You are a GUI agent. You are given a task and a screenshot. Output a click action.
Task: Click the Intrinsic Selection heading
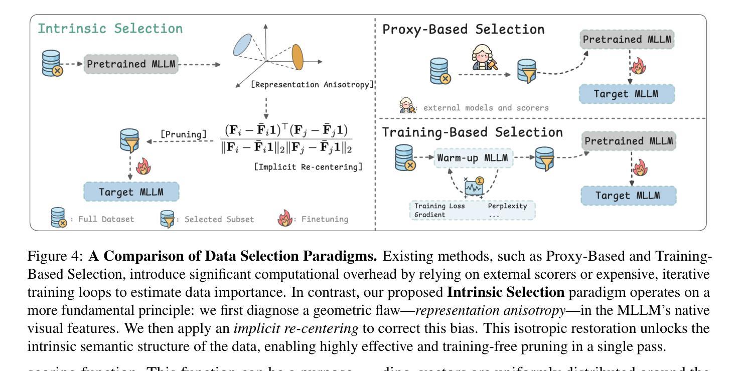[x=111, y=29]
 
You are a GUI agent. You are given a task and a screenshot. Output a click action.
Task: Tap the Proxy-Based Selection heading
[x=463, y=30]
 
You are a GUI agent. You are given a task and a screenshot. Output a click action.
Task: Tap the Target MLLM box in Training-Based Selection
[x=628, y=196]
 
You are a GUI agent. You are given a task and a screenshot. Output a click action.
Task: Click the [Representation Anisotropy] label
[x=313, y=85]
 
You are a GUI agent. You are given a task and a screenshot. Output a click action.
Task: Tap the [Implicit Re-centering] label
[x=308, y=166]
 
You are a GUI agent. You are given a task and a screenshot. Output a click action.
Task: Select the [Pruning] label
[x=184, y=134]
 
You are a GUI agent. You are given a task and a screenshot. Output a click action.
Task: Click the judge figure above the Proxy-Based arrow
[x=482, y=57]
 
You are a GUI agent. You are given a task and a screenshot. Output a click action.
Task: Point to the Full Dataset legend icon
[x=59, y=219]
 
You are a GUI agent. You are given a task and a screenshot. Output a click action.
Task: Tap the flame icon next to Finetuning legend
[x=285, y=219]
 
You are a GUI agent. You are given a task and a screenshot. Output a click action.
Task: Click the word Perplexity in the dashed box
[x=507, y=206]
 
